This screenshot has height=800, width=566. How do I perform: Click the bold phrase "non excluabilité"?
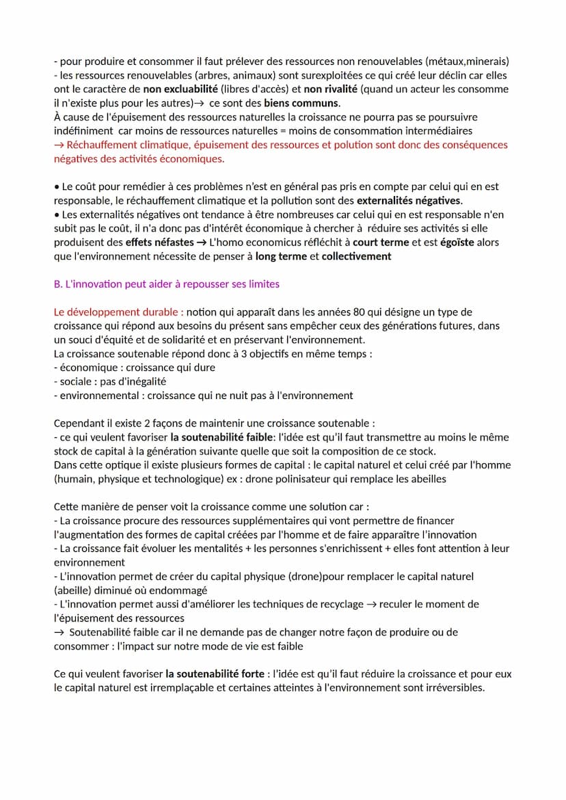[180, 89]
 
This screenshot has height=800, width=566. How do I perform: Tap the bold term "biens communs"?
[306, 103]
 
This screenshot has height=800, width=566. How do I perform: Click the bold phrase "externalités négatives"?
[409, 200]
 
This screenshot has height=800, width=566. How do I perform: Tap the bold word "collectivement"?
[356, 256]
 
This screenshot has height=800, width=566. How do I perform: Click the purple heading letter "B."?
[58, 284]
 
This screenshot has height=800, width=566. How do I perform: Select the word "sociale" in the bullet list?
[77, 381]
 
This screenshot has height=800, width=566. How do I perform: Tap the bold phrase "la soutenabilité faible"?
[224, 437]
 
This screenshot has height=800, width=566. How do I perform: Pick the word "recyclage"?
[340, 604]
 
